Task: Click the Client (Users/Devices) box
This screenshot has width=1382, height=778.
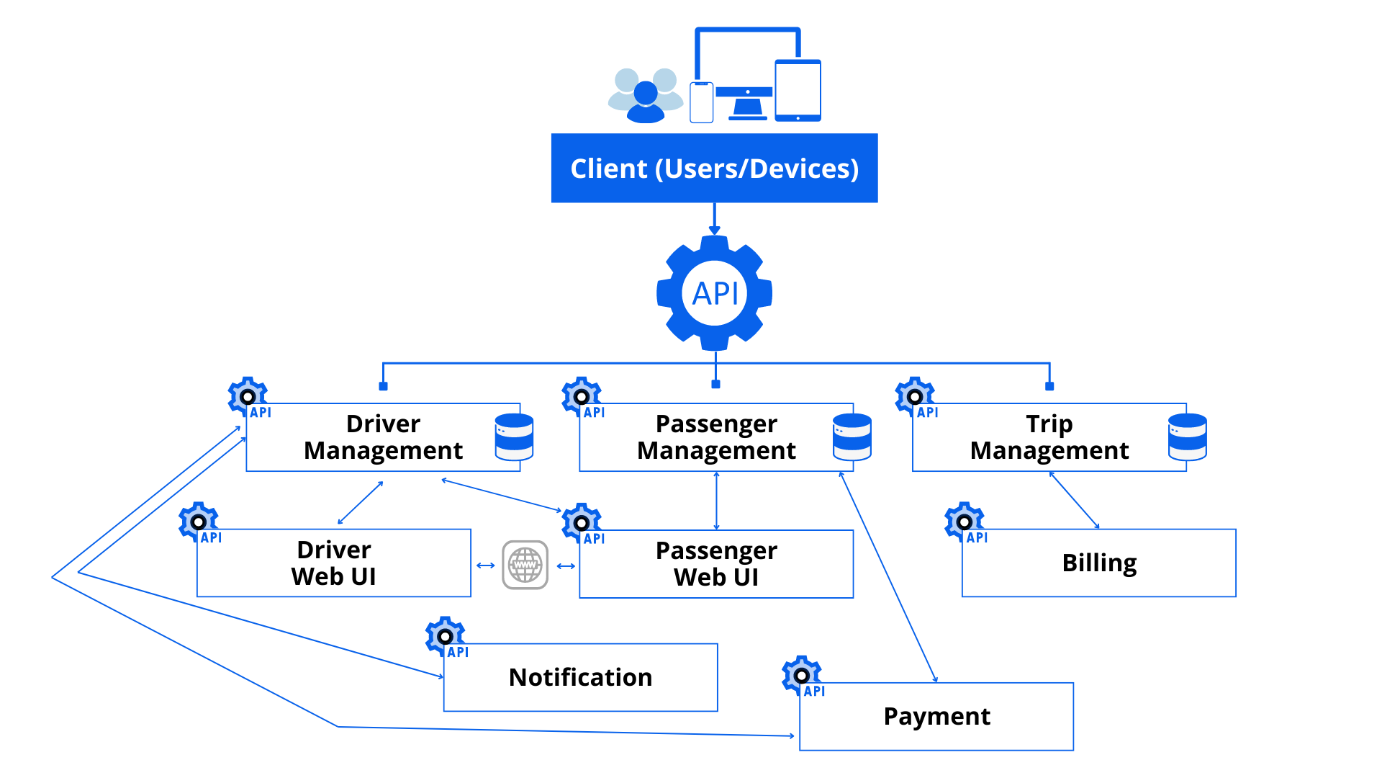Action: pos(713,168)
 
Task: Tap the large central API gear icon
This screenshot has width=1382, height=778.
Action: pos(714,292)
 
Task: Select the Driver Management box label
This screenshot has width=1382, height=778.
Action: pos(383,437)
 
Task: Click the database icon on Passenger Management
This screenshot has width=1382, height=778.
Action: pos(852,437)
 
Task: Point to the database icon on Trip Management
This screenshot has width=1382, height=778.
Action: pos(1187,437)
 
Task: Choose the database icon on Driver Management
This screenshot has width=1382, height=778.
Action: pos(514,437)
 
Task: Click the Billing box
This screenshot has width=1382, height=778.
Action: pos(1099,563)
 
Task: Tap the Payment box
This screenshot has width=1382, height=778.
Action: pos(936,716)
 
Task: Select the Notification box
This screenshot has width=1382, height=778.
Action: pos(580,677)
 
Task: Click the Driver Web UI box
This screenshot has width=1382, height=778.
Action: pos(333,563)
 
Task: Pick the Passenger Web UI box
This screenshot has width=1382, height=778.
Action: pos(716,563)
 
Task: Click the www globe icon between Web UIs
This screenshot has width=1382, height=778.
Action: pos(525,565)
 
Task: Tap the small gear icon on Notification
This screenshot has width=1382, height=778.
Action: pos(445,635)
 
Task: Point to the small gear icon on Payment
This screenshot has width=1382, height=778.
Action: pos(800,674)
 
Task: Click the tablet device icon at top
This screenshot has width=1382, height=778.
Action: pos(798,90)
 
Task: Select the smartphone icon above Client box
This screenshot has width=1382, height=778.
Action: pos(701,102)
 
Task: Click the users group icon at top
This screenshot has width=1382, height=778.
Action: pos(646,96)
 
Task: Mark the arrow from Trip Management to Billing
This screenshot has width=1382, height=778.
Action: pos(1074,500)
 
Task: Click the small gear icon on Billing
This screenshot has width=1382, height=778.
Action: pos(964,520)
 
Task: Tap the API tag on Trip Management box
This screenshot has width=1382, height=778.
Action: pos(927,413)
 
